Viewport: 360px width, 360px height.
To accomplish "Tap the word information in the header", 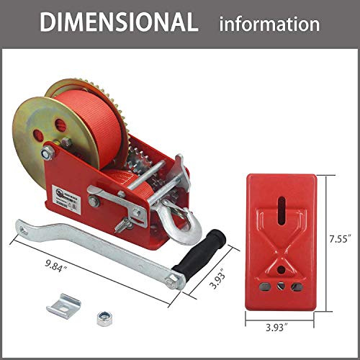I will click(x=269, y=24).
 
